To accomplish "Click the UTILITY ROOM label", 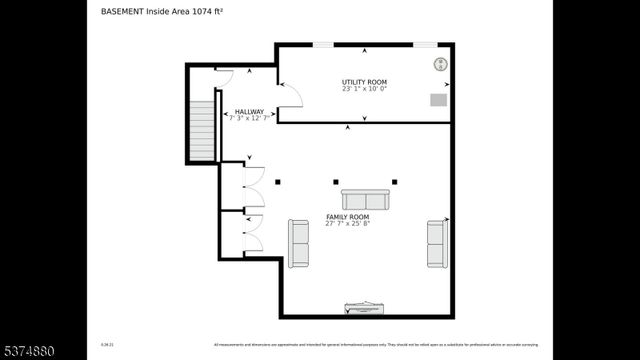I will pyautogui.click(x=364, y=82).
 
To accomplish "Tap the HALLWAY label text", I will pyautogui.click(x=249, y=111).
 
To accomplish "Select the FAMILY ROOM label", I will pyautogui.click(x=347, y=217).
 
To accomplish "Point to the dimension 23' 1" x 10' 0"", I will pyautogui.click(x=364, y=89).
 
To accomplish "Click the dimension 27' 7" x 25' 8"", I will pyautogui.click(x=347, y=224).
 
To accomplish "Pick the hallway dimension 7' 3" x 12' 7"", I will pyautogui.click(x=249, y=118).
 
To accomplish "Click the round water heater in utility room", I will pyautogui.click(x=440, y=65).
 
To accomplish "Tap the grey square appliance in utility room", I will pyautogui.click(x=438, y=99).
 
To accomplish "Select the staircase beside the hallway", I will pyautogui.click(x=202, y=130).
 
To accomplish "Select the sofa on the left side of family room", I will pyautogui.click(x=298, y=243).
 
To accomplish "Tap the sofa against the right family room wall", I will pyautogui.click(x=436, y=244).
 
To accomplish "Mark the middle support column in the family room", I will pyautogui.click(x=336, y=182).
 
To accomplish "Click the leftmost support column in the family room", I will pyautogui.click(x=278, y=182).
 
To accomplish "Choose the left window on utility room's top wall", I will pyautogui.click(x=323, y=44).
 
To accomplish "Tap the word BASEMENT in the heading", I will pyautogui.click(x=122, y=12).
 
